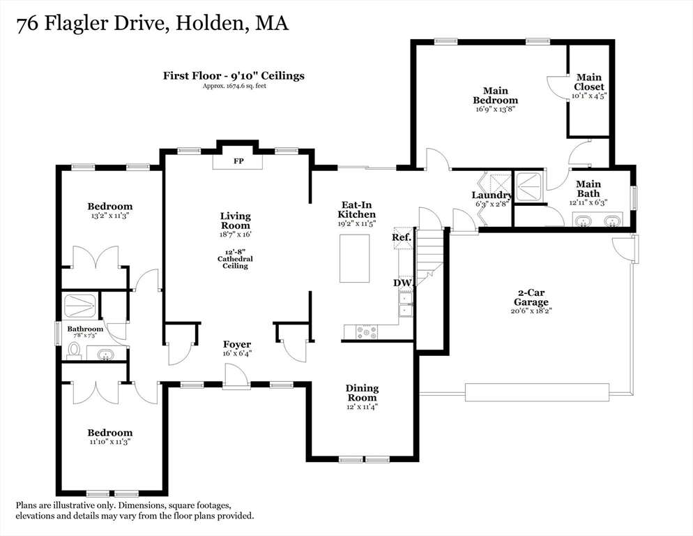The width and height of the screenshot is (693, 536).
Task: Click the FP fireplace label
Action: tap(238, 161)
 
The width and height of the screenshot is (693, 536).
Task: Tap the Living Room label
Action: tap(236, 221)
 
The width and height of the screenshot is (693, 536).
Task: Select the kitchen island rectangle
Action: tap(354, 258)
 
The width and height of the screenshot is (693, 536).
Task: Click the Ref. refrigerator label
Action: tap(402, 238)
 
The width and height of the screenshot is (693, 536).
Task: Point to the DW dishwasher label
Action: tap(403, 283)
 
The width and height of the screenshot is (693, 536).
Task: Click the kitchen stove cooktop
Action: tap(367, 332)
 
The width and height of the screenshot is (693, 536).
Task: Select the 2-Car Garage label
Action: tap(531, 297)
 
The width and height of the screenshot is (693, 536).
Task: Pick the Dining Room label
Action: tap(362, 393)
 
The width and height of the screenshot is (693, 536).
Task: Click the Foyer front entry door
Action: tap(236, 376)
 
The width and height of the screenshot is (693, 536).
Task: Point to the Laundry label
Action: tap(492, 195)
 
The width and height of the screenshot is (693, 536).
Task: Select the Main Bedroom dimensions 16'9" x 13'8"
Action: tap(496, 108)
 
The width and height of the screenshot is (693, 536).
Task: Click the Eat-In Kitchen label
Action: tap(357, 209)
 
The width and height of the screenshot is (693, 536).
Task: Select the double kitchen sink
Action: tap(406, 304)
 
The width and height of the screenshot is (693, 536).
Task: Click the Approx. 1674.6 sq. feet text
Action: tap(234, 86)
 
